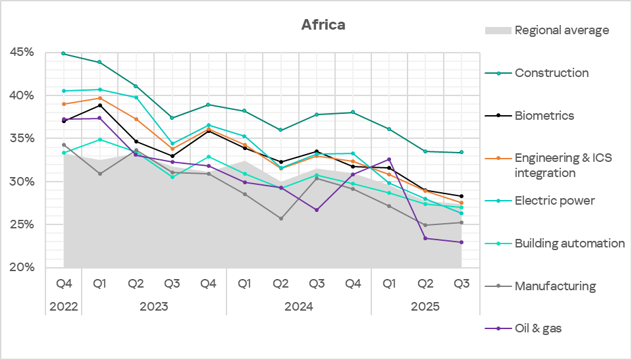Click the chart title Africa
(x=323, y=25)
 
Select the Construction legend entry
(x=551, y=73)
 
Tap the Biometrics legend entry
(x=544, y=116)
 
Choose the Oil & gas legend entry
(x=537, y=328)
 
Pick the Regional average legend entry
(x=561, y=30)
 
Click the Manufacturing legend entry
(x=554, y=286)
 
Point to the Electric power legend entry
(x=554, y=201)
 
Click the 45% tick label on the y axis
(x=22, y=52)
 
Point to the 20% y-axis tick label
(x=22, y=268)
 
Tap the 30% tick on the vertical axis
(x=22, y=182)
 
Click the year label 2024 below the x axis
(x=298, y=307)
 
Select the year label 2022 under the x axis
(x=64, y=307)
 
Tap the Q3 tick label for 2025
(x=461, y=284)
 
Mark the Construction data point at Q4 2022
(x=64, y=53)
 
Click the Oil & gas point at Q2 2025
(x=425, y=238)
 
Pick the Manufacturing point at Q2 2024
(x=280, y=219)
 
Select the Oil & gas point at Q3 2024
(x=317, y=210)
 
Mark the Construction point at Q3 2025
(x=461, y=153)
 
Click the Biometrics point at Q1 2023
(x=100, y=105)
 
